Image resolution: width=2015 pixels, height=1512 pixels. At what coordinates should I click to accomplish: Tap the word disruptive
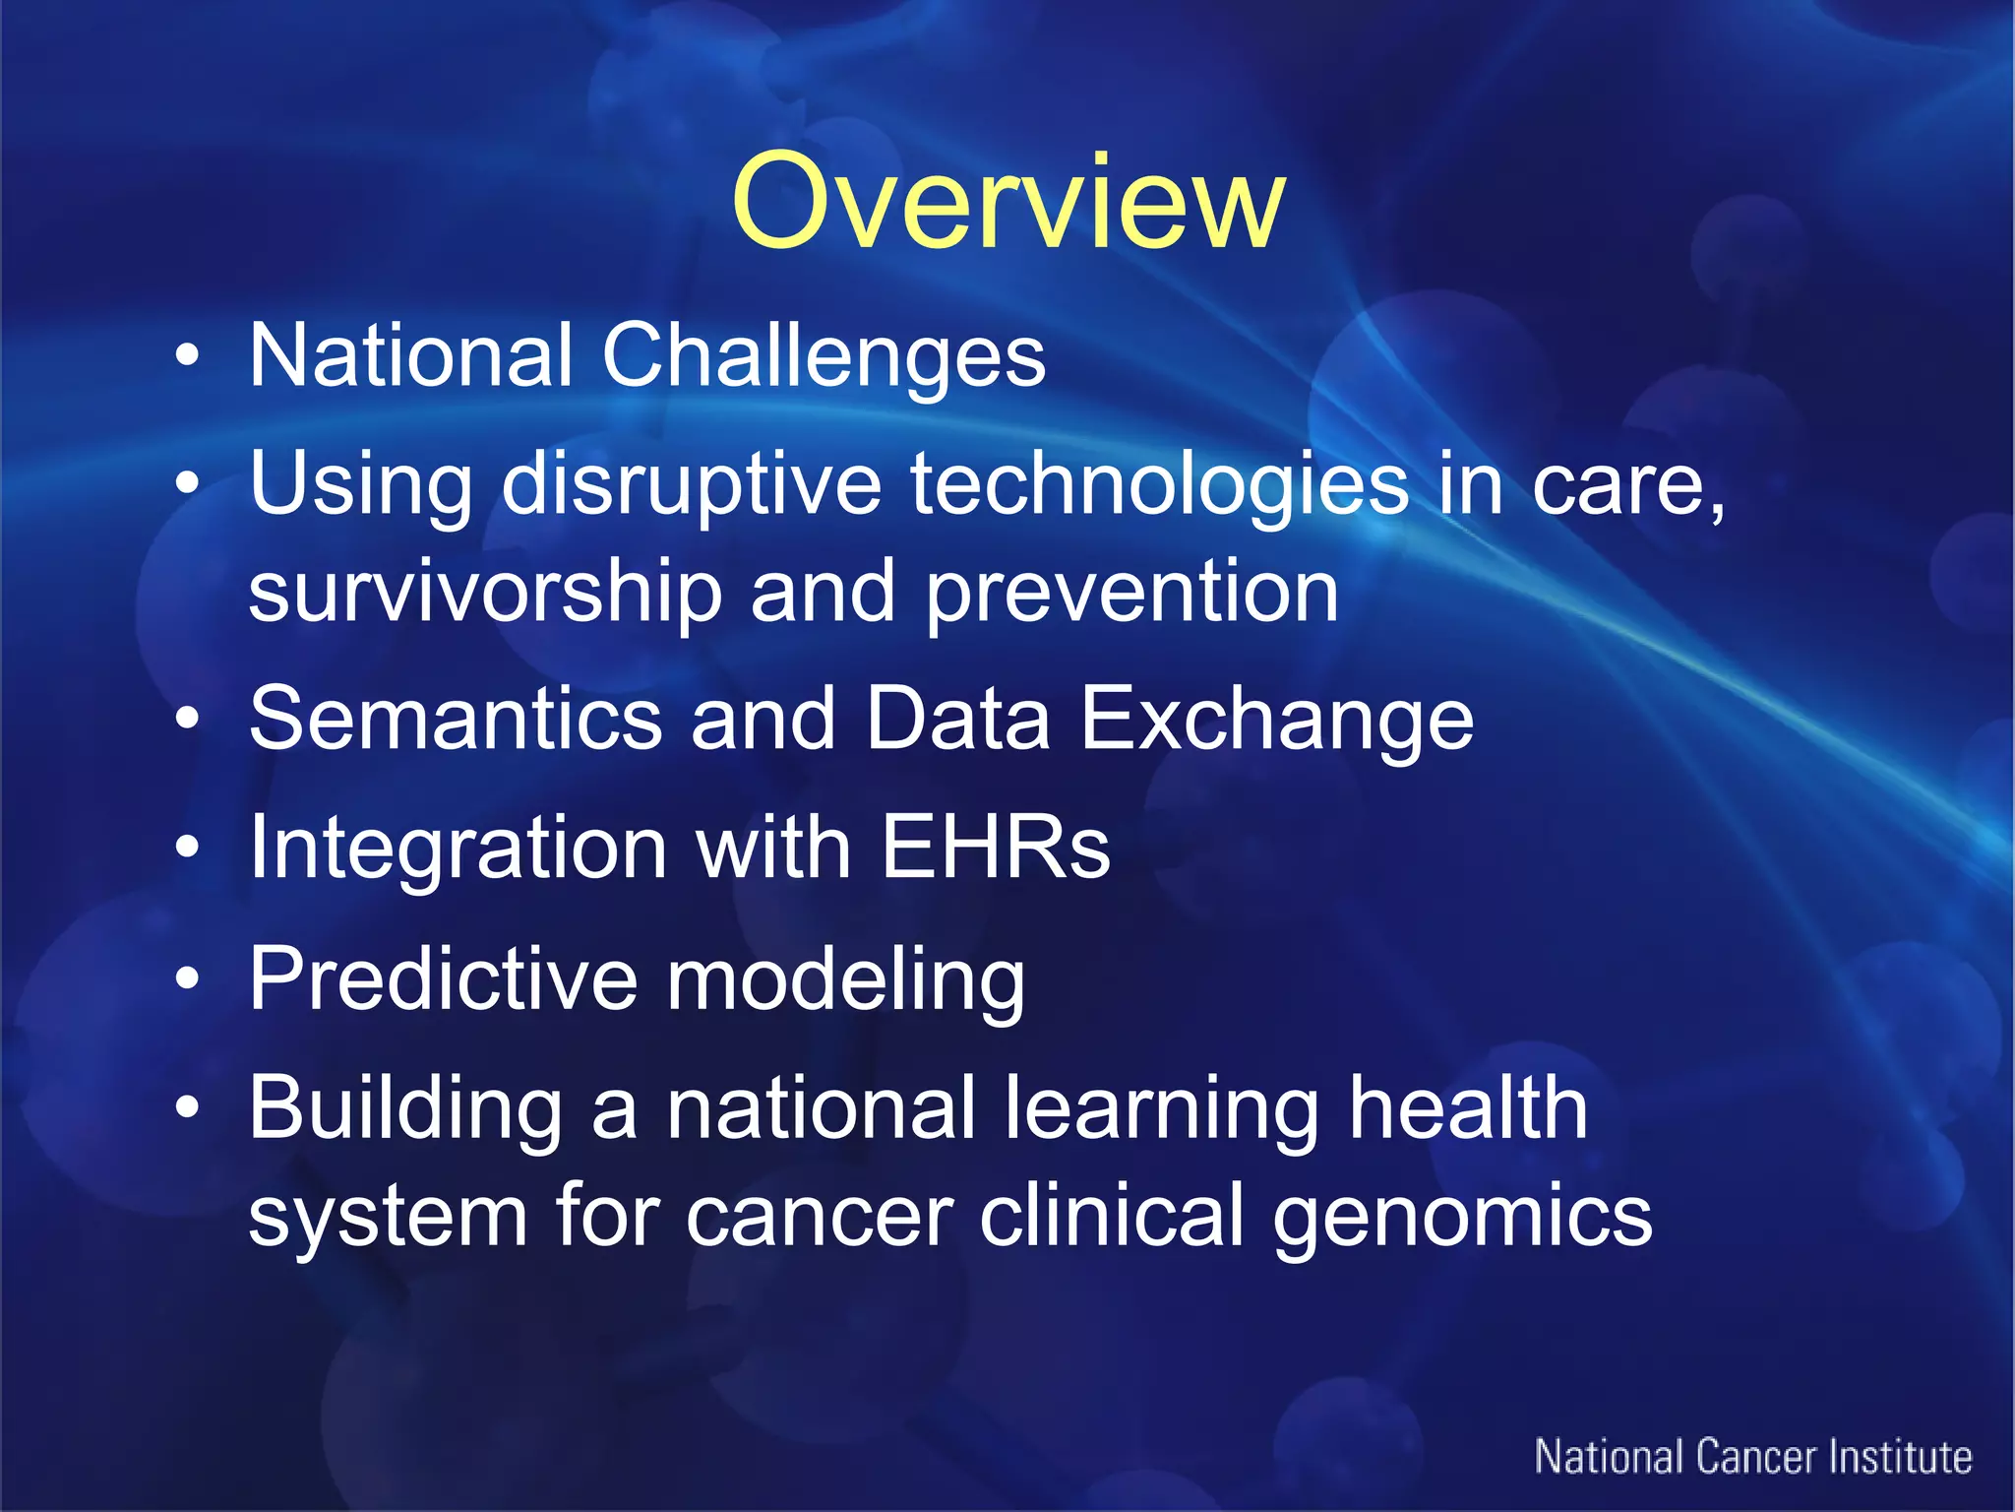[692, 484]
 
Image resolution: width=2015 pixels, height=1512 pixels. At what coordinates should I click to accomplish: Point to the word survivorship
[484, 593]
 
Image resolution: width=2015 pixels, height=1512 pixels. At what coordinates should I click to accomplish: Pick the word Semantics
[455, 720]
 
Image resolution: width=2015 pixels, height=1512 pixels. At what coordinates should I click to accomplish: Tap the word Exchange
[1276, 720]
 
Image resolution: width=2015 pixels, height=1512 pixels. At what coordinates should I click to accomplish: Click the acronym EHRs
[995, 848]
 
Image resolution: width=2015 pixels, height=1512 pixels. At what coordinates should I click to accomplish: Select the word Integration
[458, 848]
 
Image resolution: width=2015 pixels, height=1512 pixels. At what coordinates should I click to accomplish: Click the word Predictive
[443, 978]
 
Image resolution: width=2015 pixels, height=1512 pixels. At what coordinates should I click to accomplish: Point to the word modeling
[846, 978]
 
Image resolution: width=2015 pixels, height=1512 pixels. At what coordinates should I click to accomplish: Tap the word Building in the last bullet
[404, 1109]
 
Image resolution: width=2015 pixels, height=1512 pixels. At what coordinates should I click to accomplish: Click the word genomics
[1462, 1217]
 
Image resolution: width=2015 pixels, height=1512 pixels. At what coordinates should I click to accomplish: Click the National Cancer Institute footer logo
[1752, 1458]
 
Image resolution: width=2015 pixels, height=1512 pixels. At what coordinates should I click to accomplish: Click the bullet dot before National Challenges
[187, 356]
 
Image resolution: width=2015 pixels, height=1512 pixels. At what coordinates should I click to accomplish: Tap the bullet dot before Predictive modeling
[187, 978]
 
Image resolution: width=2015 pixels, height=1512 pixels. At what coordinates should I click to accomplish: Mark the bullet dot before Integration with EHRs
[187, 848]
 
